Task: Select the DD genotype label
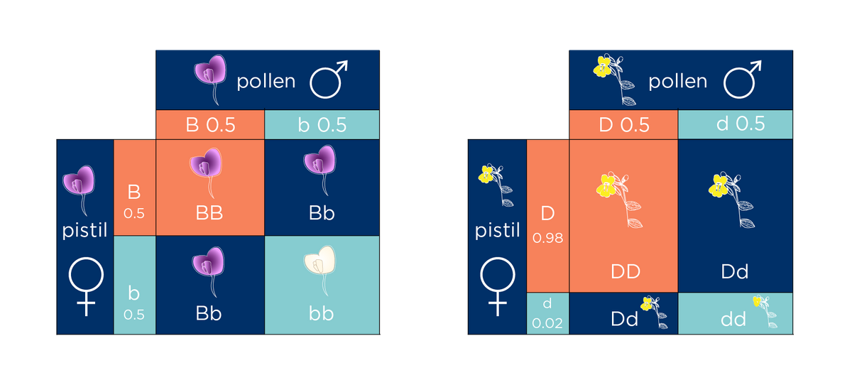(625, 271)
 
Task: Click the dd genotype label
(733, 320)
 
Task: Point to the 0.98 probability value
(547, 239)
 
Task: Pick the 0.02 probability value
(547, 323)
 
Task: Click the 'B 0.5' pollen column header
(209, 125)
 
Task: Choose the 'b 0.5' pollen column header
(322, 125)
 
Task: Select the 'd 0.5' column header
(735, 124)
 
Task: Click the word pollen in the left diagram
(266, 81)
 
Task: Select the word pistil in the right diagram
(498, 231)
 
